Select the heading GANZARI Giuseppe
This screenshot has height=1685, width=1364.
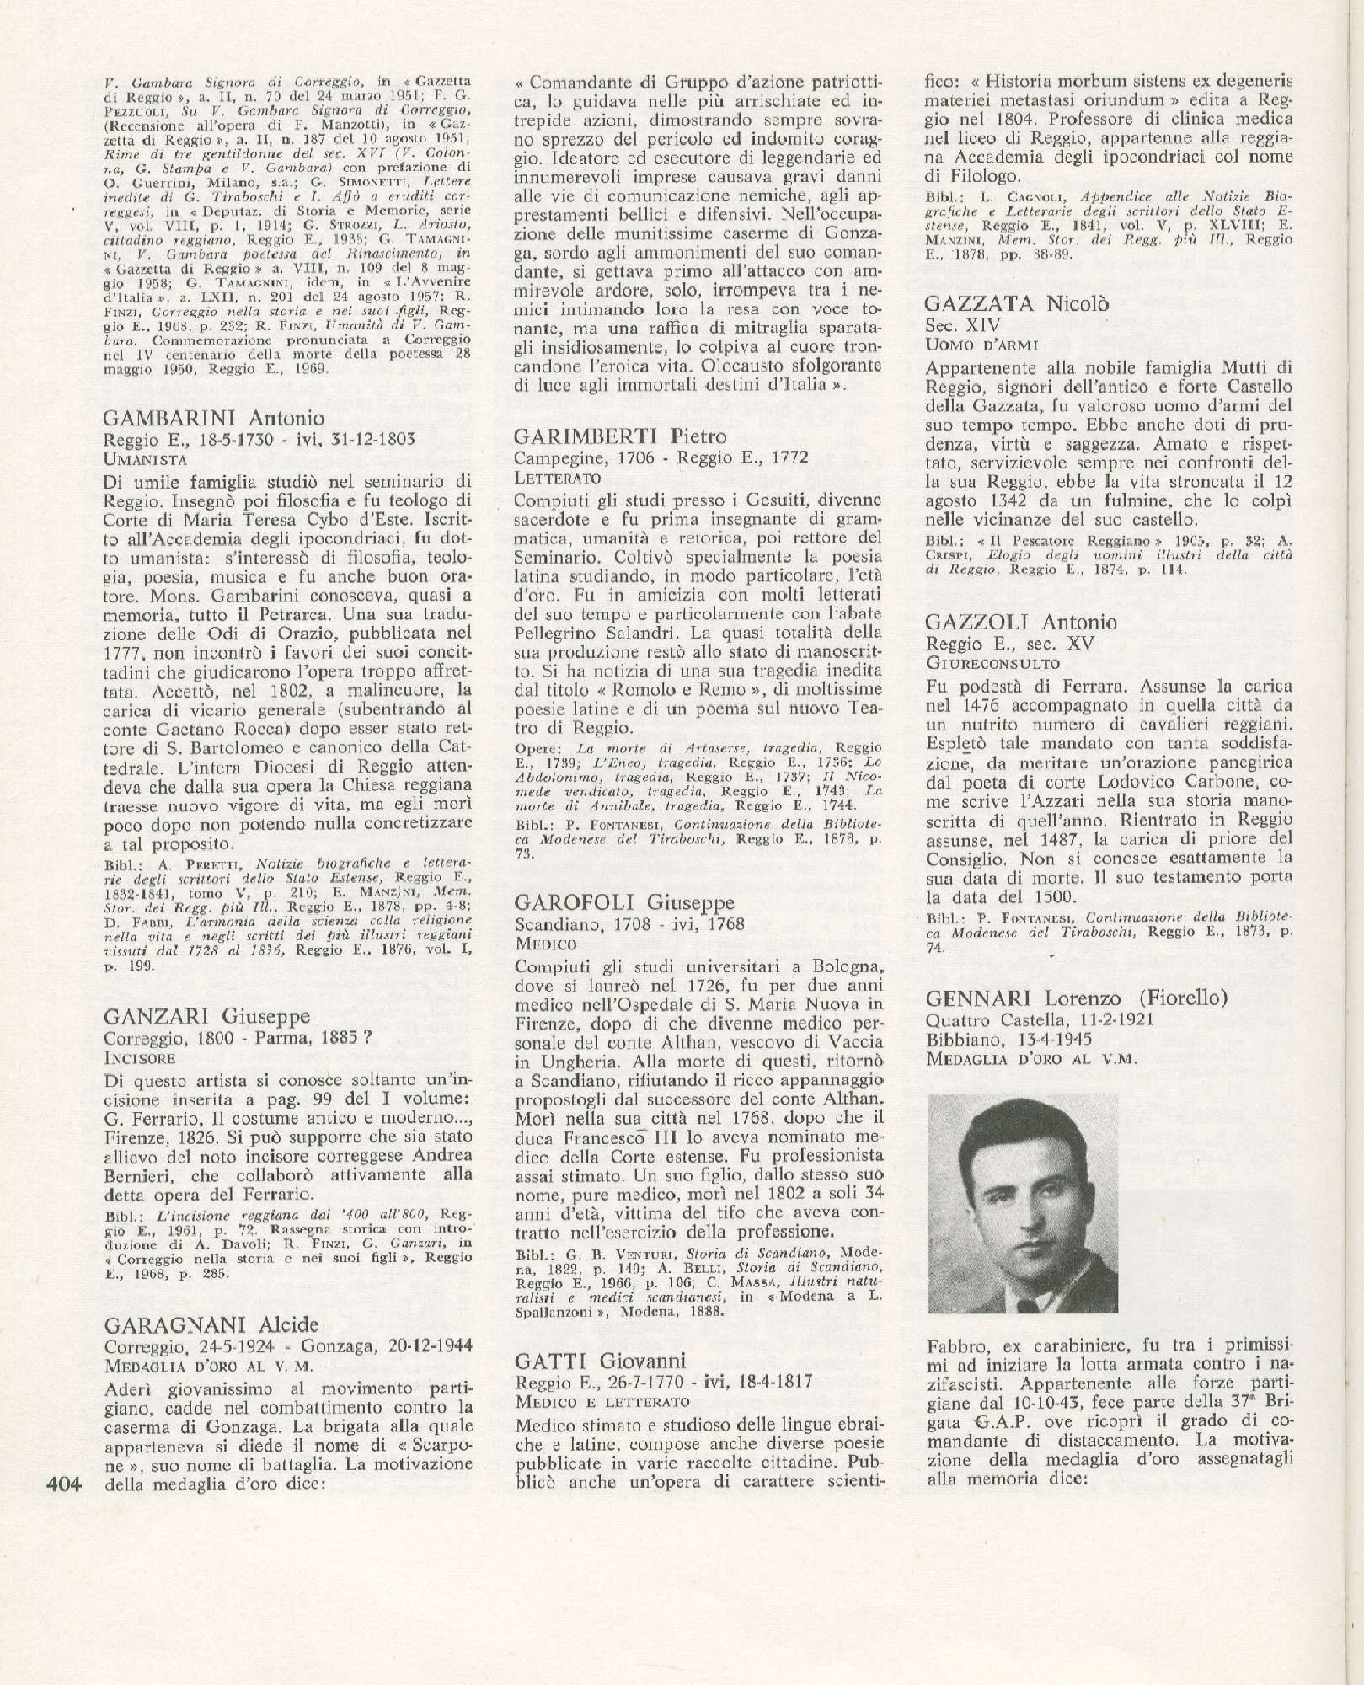[206, 1017]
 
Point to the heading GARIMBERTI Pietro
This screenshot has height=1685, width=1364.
[620, 436]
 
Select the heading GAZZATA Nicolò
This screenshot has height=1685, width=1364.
[1016, 304]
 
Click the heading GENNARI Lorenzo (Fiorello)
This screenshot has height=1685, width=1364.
[1076, 998]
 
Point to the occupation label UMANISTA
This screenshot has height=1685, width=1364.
[144, 459]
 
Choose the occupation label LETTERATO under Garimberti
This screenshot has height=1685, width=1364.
[558, 478]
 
